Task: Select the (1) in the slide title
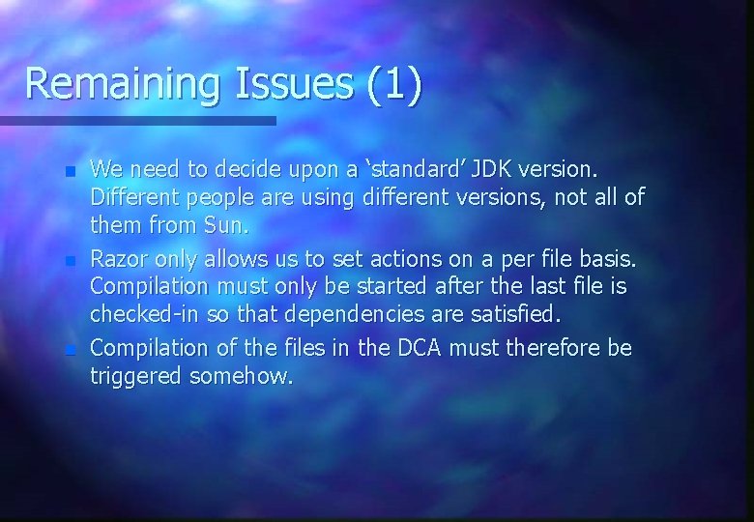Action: (x=394, y=84)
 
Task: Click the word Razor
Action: (x=119, y=260)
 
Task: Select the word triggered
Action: (x=136, y=377)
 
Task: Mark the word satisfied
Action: (x=521, y=314)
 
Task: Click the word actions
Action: (x=375, y=260)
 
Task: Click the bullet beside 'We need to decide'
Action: (x=70, y=172)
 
